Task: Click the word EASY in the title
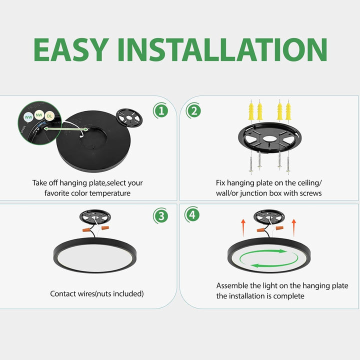[70, 50]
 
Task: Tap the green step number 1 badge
[160, 110]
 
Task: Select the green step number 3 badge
[160, 216]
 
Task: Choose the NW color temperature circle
[38, 114]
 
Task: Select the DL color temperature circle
[49, 116]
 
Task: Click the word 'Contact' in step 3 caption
[63, 294]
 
